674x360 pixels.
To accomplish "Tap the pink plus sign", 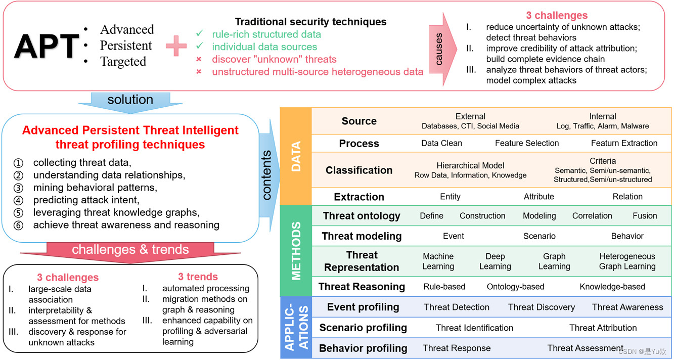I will [x=176, y=46].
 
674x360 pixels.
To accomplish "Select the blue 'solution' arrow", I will [x=130, y=100].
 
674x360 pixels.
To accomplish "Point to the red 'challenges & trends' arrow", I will [x=130, y=250].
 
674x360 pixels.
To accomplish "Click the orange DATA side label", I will [x=296, y=156].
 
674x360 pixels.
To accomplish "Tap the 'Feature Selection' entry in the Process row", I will [x=527, y=143].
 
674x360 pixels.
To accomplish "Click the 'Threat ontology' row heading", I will [x=362, y=216].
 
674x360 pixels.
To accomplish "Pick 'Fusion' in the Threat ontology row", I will [x=645, y=216].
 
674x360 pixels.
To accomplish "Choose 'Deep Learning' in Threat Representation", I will [x=495, y=261].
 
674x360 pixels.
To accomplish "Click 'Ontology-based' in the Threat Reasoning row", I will [x=515, y=287].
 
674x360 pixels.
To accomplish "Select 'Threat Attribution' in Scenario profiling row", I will [x=603, y=328].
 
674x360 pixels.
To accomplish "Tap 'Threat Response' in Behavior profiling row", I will [x=457, y=348].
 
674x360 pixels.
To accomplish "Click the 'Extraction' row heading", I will [x=359, y=197].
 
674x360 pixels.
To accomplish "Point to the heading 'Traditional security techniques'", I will [x=310, y=22].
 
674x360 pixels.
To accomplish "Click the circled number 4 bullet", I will [x=19, y=200].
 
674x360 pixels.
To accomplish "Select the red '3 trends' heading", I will [x=198, y=277].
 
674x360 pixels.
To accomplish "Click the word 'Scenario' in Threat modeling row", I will [x=539, y=236].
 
